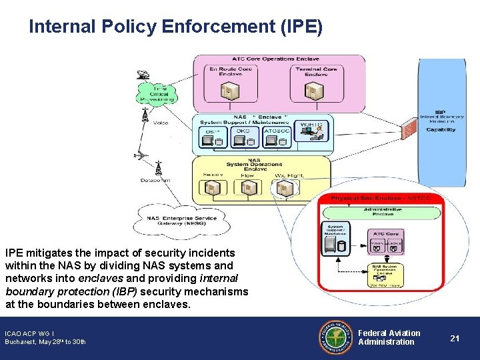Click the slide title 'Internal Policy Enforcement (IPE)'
tap(175, 27)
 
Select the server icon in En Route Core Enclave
tap(228, 91)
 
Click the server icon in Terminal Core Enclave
tap(311, 91)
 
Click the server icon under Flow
tap(247, 189)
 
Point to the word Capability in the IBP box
tap(441, 130)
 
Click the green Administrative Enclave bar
tap(382, 211)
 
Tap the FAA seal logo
tap(337, 337)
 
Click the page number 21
tap(455, 338)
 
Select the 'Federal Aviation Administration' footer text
tap(389, 337)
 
